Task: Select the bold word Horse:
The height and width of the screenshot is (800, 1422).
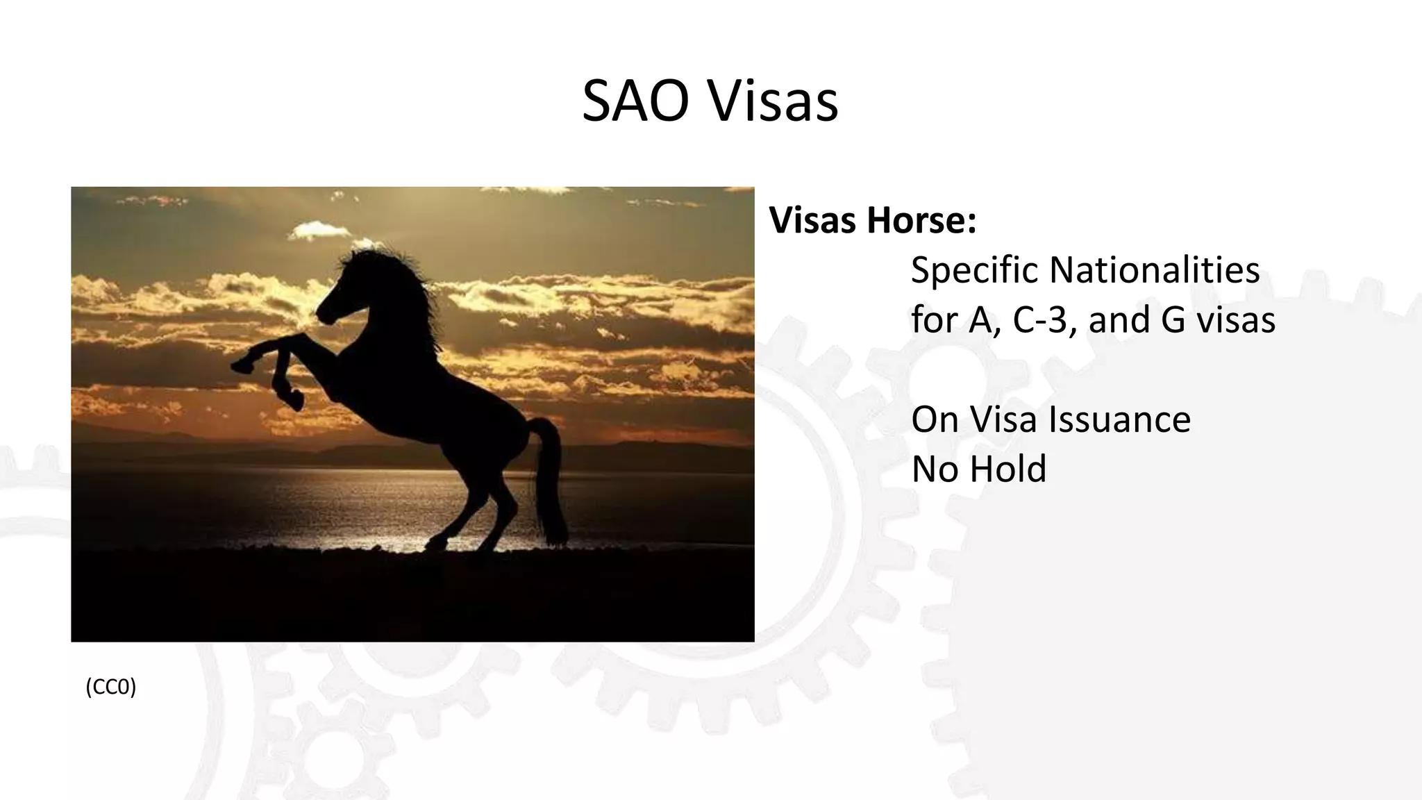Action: tap(921, 221)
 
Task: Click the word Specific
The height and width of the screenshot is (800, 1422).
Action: tap(974, 270)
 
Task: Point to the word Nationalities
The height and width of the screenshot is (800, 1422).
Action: tap(1154, 270)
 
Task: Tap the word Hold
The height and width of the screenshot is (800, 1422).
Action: tap(1007, 469)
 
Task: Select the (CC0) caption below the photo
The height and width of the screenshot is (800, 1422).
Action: tap(111, 687)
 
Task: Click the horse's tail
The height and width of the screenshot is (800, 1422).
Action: tap(551, 479)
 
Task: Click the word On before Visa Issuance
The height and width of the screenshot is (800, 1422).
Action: tap(935, 419)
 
